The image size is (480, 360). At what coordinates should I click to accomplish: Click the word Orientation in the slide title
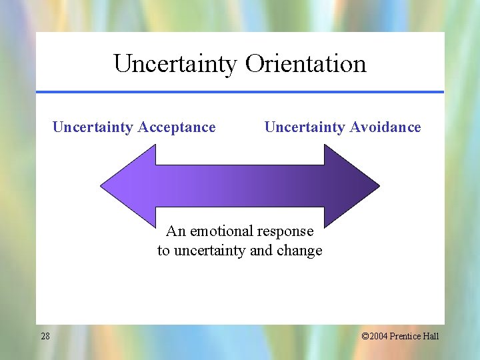tap(306, 64)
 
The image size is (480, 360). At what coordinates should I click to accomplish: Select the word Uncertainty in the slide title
tap(175, 64)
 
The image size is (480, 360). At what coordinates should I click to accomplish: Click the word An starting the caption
tap(175, 231)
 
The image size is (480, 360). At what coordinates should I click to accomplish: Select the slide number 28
tap(45, 336)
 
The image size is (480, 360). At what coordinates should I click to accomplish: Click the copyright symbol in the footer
tap(365, 336)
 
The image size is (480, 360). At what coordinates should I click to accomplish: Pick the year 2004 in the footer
tap(379, 336)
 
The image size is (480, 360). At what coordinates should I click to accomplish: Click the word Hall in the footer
tap(431, 336)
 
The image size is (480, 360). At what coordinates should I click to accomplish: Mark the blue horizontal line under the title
tap(240, 92)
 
